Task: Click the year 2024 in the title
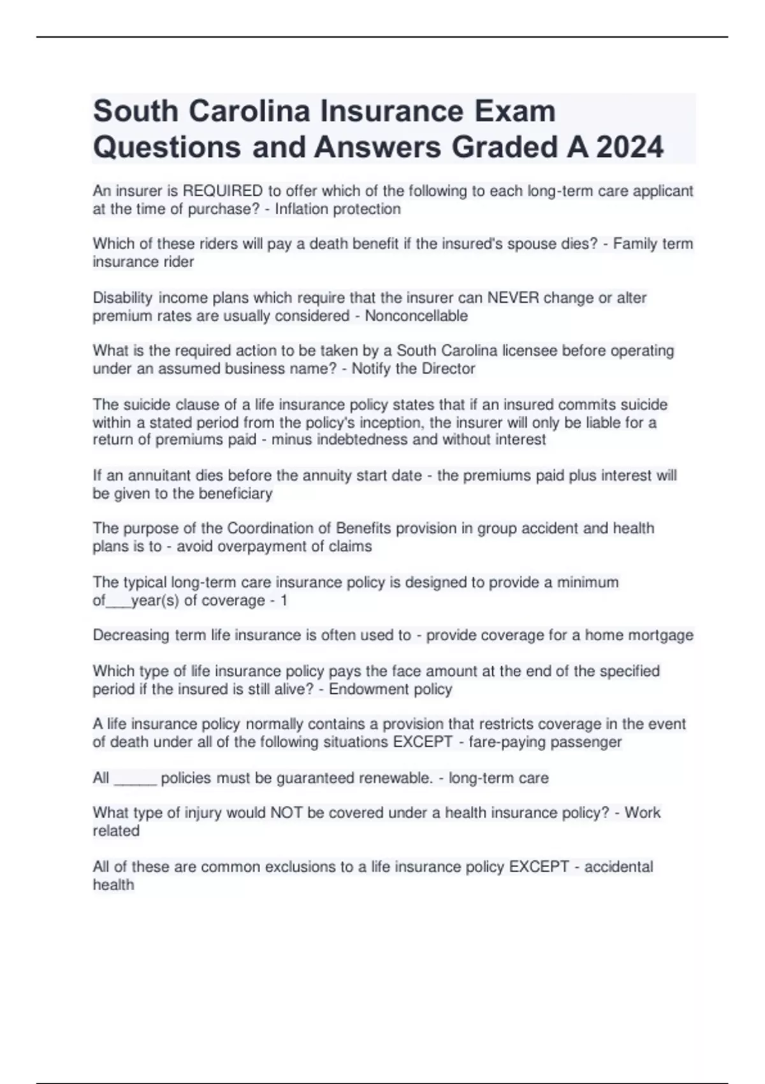630,147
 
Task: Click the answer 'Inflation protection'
338,209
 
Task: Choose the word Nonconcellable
416,316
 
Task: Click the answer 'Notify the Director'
413,369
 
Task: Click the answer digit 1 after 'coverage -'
284,601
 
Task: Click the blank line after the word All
135,779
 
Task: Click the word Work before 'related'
642,813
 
